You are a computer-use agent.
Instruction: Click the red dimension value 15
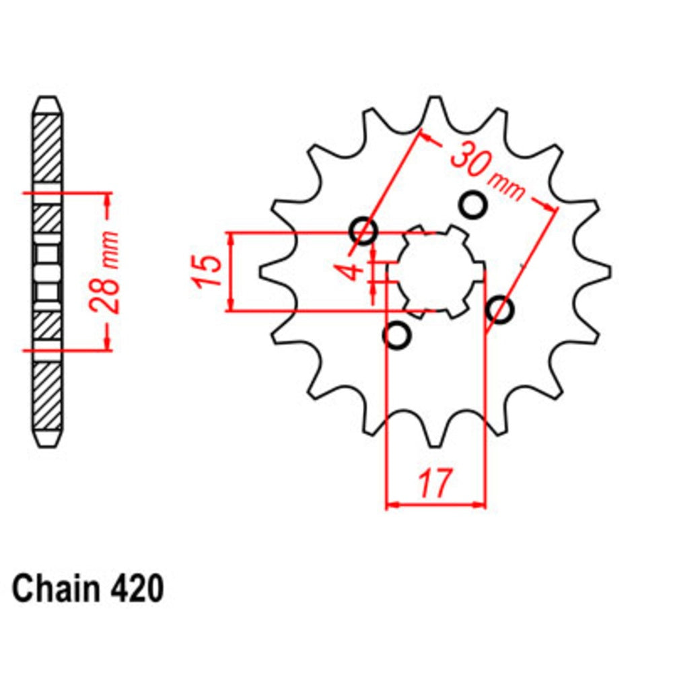209,271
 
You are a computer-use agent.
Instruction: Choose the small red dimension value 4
351,272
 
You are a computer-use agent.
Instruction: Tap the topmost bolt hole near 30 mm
472,205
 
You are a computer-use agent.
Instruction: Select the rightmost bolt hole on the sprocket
499,310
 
